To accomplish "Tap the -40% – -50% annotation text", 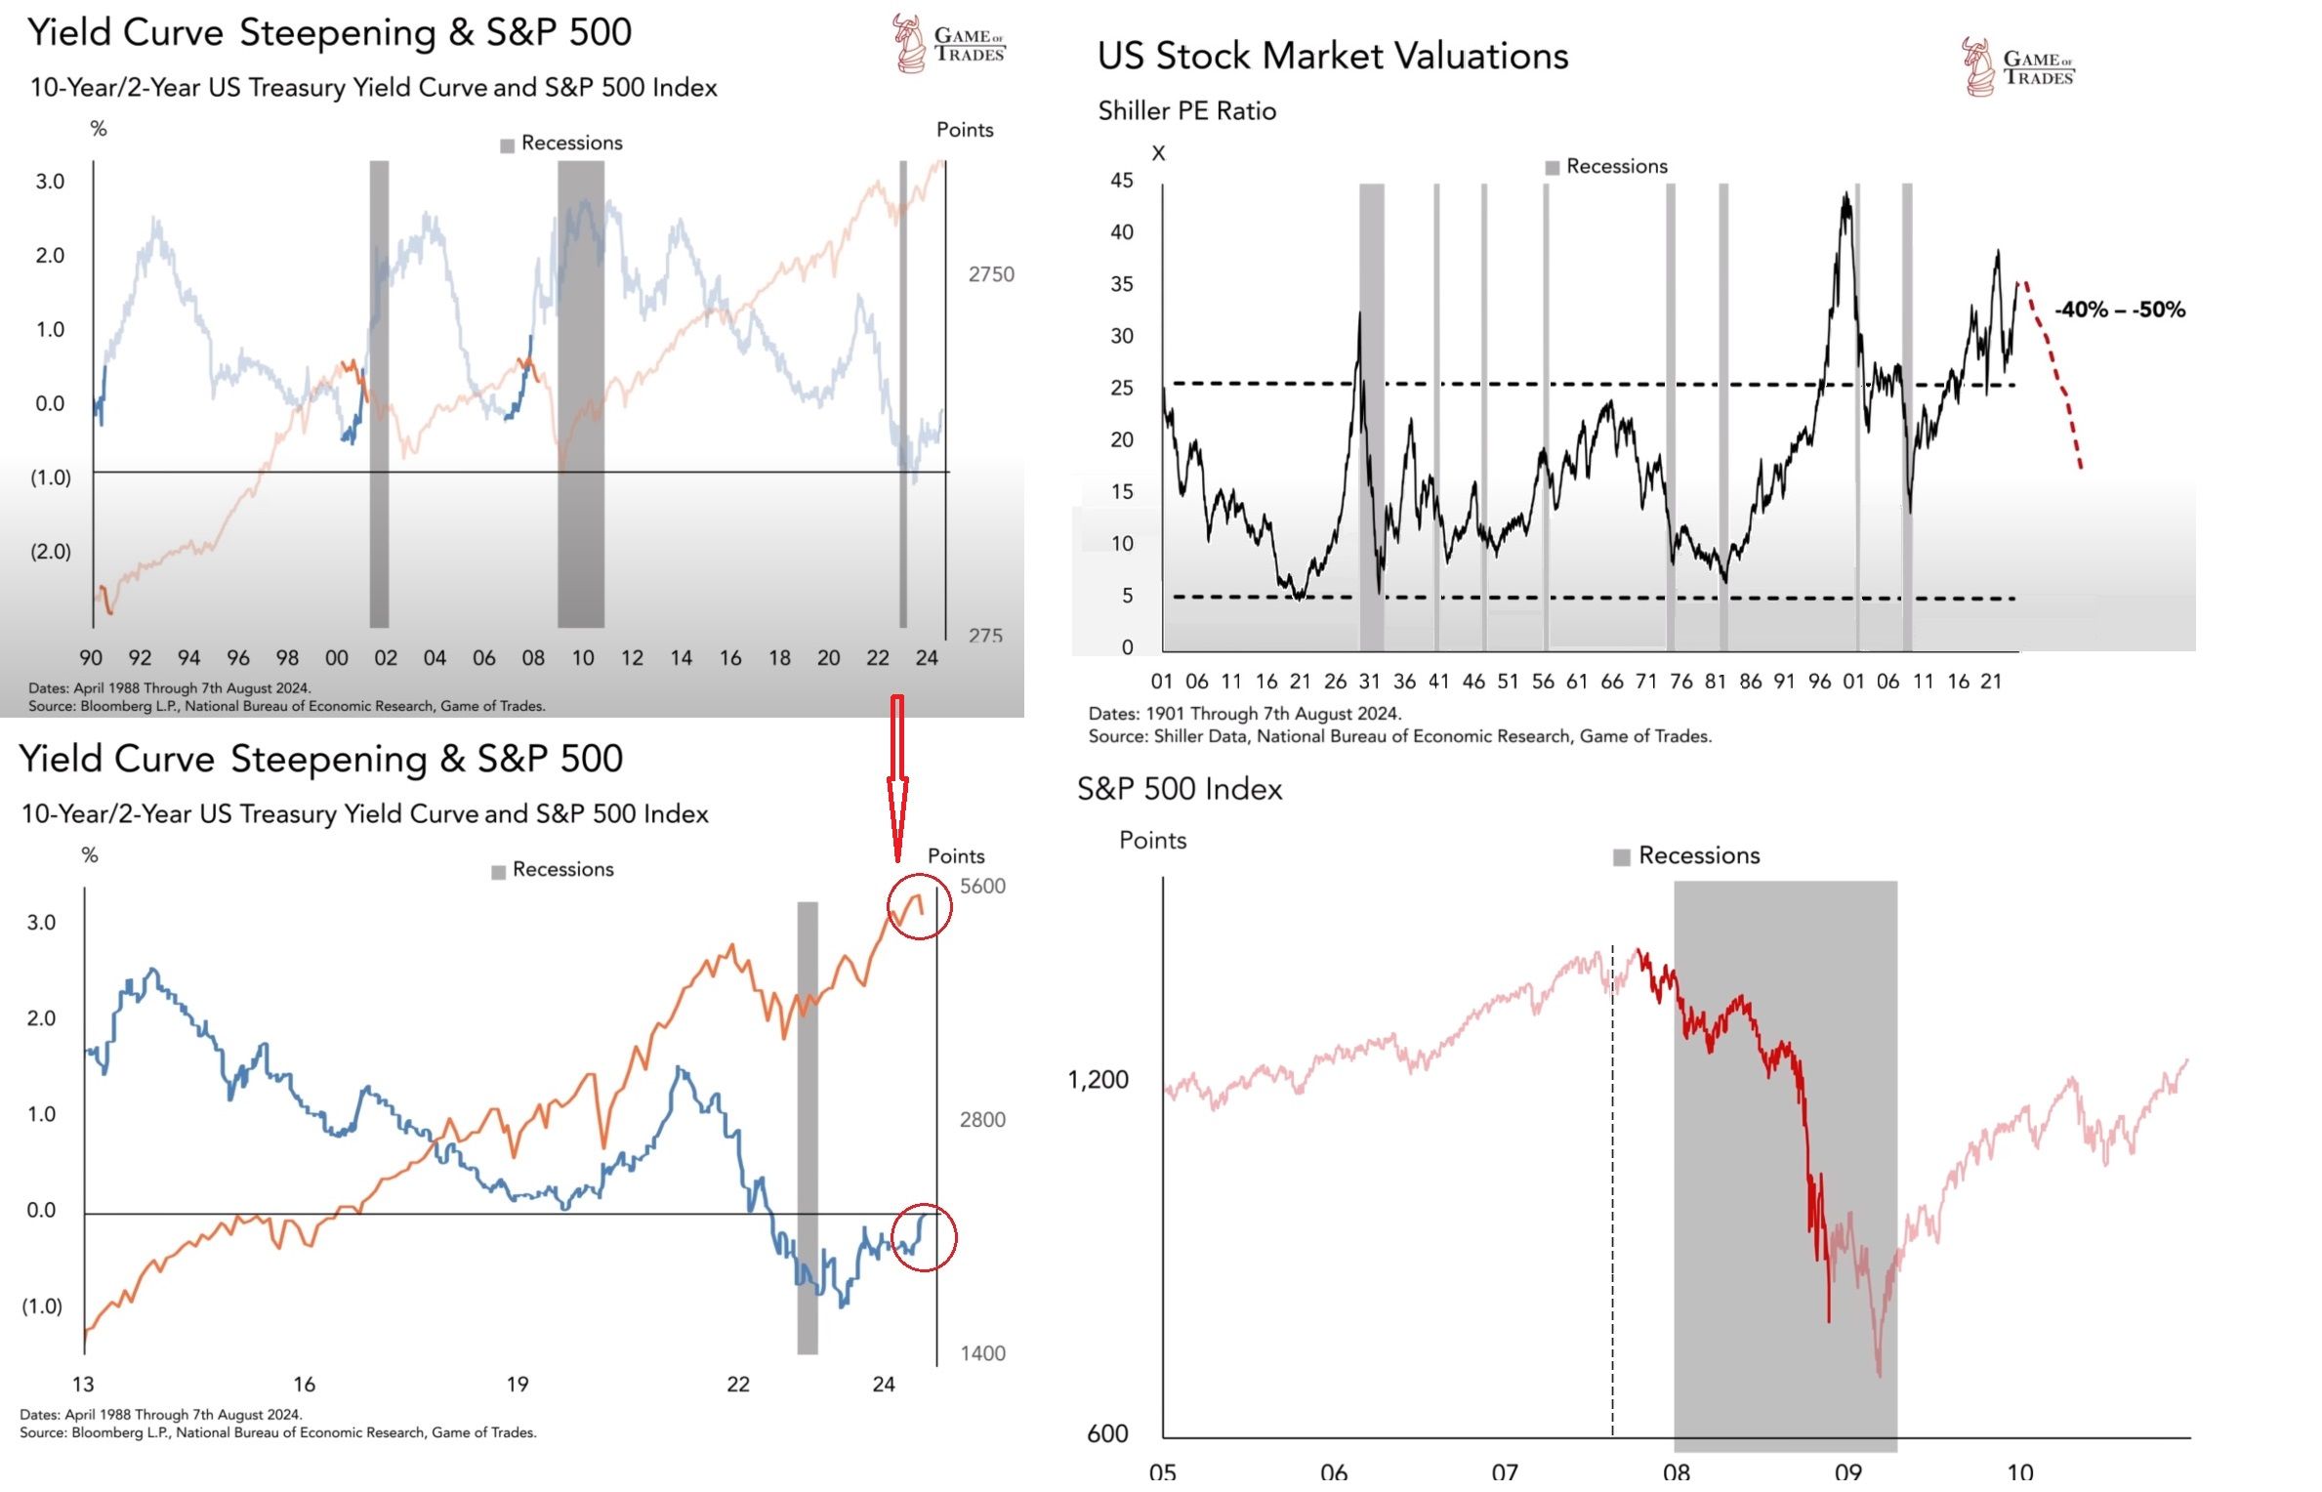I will pyautogui.click(x=2119, y=311).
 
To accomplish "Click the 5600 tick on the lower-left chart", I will pyautogui.click(x=982, y=887).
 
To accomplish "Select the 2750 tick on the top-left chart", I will pyautogui.click(x=991, y=275).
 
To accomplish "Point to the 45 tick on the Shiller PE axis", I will pyautogui.click(x=1122, y=181).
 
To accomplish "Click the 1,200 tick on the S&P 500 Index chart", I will pyautogui.click(x=1099, y=1080).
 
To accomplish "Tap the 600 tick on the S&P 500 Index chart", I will pyautogui.click(x=1107, y=1433).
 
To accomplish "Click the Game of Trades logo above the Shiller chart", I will pyautogui.click(x=2018, y=67).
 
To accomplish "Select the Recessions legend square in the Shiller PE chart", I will pyautogui.click(x=1553, y=168).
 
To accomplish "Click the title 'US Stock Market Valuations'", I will pyautogui.click(x=1332, y=57).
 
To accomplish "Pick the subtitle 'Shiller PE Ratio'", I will pyautogui.click(x=1186, y=111).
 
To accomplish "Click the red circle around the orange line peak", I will pyautogui.click(x=919, y=907).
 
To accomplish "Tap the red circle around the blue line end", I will pyautogui.click(x=924, y=1237).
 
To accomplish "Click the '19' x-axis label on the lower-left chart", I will pyautogui.click(x=518, y=1384).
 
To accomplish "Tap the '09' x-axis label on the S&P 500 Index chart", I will pyautogui.click(x=1847, y=1471).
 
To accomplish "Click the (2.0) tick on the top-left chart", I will pyautogui.click(x=51, y=552).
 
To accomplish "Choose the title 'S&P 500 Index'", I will pyautogui.click(x=1179, y=789).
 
